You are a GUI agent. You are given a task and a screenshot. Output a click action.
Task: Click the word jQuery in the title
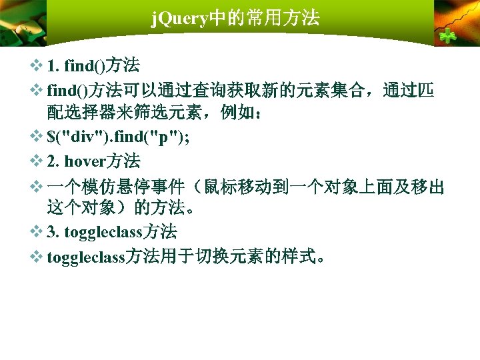180,18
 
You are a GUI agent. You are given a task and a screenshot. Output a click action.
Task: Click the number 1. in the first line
54,66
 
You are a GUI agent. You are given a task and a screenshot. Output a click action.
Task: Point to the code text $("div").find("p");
118,137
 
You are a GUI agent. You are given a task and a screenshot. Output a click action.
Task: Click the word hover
86,161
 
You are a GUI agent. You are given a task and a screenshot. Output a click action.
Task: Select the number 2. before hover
54,161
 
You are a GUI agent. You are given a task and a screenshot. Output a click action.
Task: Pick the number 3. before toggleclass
54,232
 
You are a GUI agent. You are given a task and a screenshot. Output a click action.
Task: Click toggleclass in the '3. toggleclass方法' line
104,232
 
